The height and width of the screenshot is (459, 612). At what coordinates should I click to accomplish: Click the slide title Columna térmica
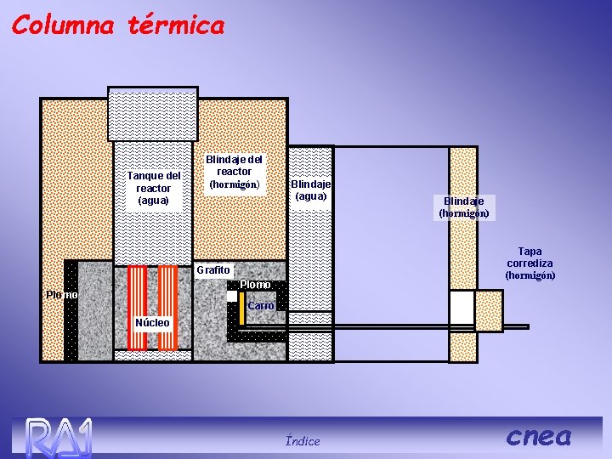(x=118, y=25)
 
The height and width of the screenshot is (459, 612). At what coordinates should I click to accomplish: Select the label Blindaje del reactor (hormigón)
(x=234, y=172)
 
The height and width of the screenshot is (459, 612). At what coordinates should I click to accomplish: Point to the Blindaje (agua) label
(x=310, y=190)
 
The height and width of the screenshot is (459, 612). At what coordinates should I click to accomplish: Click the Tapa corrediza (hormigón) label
(x=530, y=263)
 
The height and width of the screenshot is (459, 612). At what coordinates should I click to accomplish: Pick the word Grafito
(x=212, y=270)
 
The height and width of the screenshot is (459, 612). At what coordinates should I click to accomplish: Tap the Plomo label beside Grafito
(x=255, y=284)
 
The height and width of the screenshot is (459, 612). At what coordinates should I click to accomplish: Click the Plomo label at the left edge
(x=61, y=295)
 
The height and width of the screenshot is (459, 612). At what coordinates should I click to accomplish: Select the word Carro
(x=260, y=305)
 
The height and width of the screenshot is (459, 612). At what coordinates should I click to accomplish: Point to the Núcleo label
(x=153, y=322)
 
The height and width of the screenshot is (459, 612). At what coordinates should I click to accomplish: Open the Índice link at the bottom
(x=303, y=440)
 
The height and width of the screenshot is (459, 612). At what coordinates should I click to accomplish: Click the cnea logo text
(x=539, y=436)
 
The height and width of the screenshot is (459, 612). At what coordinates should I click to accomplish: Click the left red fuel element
(x=137, y=307)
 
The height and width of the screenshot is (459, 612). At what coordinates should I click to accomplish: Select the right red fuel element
(x=167, y=307)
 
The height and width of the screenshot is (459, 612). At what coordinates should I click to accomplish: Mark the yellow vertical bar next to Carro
(x=241, y=309)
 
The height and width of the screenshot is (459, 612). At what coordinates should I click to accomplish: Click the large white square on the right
(x=462, y=308)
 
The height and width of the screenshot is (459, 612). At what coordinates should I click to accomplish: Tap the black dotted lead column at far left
(x=71, y=310)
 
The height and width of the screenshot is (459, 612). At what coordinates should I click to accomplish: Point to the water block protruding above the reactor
(x=153, y=113)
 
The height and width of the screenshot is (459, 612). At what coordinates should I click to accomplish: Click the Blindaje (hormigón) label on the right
(x=463, y=207)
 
